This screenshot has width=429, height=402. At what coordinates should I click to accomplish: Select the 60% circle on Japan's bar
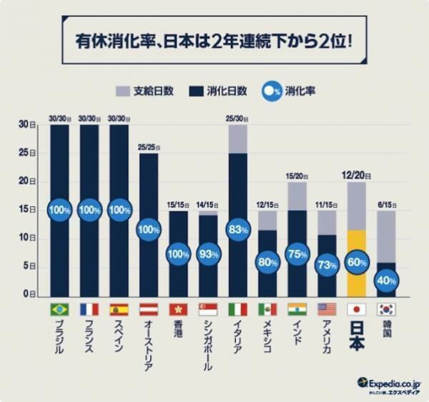pos(355,261)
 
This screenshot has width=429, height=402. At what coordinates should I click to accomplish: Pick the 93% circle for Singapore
pos(207,253)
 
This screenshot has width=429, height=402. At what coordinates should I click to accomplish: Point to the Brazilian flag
pos(59,309)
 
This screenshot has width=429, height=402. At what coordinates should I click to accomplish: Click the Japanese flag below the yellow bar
pos(355,309)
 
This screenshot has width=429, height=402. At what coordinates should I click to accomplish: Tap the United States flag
pos(326,309)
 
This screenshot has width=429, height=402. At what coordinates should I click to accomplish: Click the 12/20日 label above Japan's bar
pos(355,174)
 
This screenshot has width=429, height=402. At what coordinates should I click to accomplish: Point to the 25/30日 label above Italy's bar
pos(237,119)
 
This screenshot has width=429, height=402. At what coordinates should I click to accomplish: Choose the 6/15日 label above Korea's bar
pos(385,203)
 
